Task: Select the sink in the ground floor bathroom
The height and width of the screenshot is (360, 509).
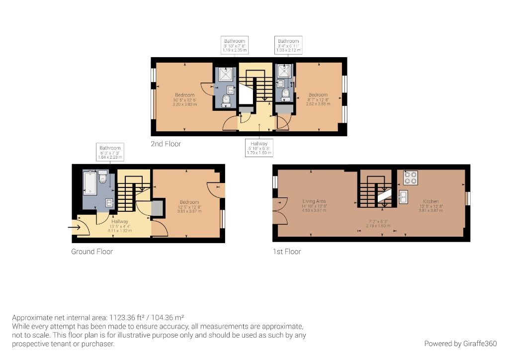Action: [110, 202]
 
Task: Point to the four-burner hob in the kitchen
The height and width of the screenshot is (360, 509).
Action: [410, 178]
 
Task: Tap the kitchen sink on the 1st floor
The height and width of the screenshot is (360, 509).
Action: [403, 197]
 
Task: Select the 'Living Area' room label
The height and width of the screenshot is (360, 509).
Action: [314, 201]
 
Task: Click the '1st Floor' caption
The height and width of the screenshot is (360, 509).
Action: [287, 252]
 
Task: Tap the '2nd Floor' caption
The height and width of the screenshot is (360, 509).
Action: [166, 144]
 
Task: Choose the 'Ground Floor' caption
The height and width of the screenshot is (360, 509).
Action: [92, 252]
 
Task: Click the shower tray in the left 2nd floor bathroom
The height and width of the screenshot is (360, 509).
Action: [226, 75]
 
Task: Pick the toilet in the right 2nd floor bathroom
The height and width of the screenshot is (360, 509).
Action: [285, 94]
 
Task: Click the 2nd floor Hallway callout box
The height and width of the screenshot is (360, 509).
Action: [259, 148]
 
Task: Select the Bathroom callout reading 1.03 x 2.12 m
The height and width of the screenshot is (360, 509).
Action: [288, 46]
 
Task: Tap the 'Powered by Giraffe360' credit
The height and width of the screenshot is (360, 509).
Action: [460, 344]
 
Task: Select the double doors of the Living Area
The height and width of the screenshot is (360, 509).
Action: [278, 211]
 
